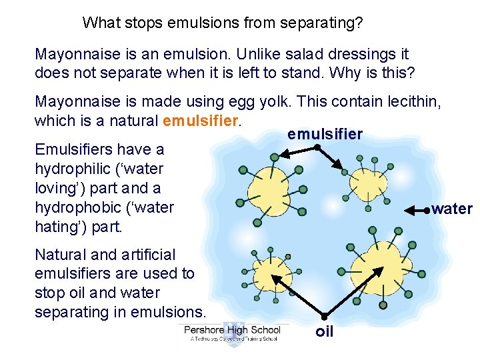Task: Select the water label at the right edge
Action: [452, 209]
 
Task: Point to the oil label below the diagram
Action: [324, 331]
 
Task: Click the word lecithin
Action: [412, 102]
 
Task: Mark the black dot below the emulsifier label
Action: [318, 147]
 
